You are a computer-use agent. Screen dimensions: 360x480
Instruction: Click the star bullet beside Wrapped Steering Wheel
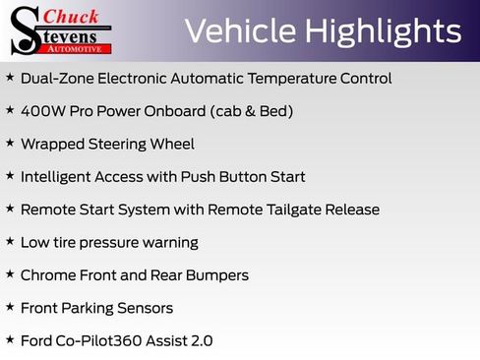(x=10, y=144)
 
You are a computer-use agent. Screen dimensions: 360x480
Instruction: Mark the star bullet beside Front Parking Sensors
(x=10, y=308)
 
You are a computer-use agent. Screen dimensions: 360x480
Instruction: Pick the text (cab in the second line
(x=212, y=111)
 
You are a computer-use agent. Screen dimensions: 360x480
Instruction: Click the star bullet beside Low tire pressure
(x=10, y=242)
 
